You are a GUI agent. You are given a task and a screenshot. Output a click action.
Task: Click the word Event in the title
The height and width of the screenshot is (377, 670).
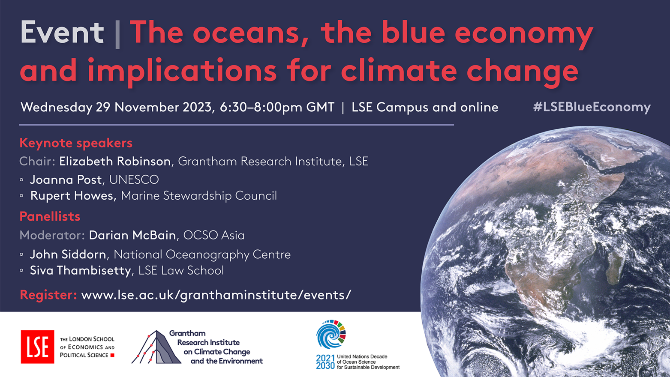(62, 32)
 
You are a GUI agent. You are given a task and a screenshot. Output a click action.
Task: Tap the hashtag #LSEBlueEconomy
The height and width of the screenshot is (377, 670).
(592, 107)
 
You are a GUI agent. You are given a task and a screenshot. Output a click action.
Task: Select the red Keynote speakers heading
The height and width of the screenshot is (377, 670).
(76, 143)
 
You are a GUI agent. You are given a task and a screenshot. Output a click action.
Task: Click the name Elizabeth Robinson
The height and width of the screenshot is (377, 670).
(115, 162)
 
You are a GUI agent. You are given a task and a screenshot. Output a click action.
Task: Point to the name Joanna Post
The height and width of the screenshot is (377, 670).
(66, 180)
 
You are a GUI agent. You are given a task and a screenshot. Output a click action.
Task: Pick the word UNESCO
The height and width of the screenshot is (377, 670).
(134, 180)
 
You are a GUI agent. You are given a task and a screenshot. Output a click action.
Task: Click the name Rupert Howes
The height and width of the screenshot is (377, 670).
(73, 196)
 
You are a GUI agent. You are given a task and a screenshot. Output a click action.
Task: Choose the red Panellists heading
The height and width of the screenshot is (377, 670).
(50, 216)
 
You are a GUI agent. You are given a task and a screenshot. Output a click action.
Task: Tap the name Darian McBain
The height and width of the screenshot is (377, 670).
(132, 235)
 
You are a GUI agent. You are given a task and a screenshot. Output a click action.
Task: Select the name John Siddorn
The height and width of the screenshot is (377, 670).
(68, 254)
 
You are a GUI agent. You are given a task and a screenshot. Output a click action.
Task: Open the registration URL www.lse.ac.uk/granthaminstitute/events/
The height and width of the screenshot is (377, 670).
(216, 295)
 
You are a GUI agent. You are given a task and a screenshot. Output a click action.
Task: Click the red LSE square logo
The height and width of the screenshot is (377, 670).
(37, 347)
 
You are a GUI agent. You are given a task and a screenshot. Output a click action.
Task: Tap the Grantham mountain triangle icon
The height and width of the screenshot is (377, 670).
(156, 347)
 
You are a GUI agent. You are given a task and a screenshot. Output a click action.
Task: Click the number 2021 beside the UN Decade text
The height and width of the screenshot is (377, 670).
(325, 358)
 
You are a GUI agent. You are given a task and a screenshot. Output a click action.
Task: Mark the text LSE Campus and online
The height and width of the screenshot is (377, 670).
(425, 108)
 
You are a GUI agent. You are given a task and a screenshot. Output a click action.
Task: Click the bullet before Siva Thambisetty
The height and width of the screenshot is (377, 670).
(21, 271)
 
